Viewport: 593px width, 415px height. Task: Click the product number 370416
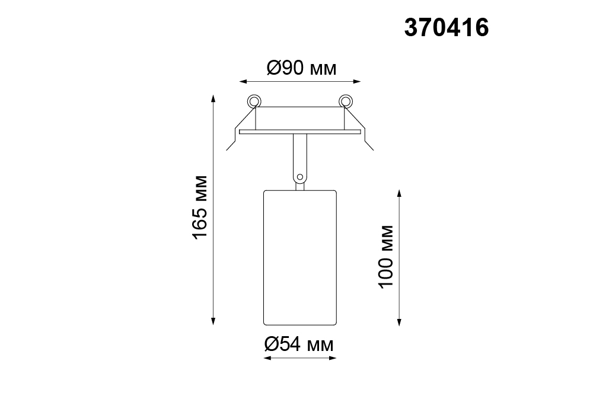coord(447,28)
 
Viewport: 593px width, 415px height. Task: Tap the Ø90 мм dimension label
coord(301,68)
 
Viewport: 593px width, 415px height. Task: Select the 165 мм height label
coord(200,207)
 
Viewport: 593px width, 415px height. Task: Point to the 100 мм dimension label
coord(386,257)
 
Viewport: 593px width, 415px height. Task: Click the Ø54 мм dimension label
coord(299,344)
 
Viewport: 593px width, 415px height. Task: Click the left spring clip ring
coord(254,101)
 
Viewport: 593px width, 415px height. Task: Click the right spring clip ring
coord(345,101)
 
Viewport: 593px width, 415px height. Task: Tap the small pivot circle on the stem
coord(300,177)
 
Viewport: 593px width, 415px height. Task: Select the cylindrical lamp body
coord(300,257)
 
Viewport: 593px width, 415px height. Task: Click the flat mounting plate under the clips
coord(300,132)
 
